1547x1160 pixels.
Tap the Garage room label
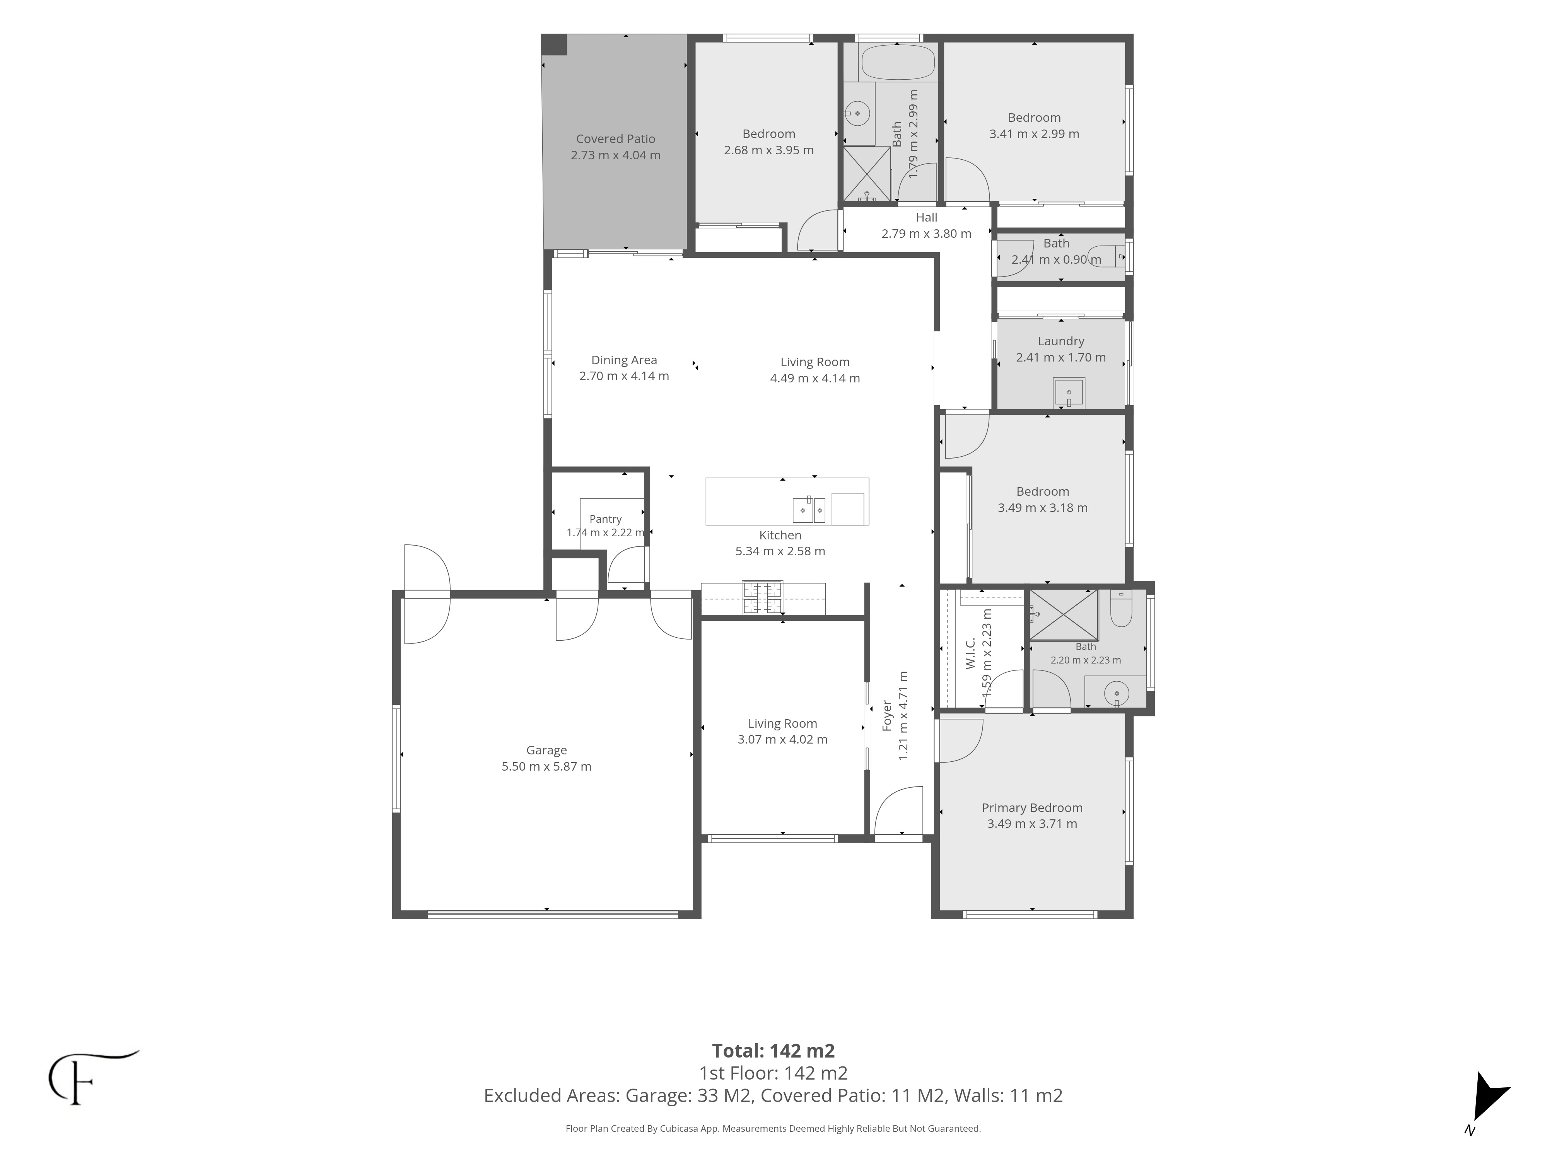[x=546, y=750]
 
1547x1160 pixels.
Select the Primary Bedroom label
[x=1031, y=808]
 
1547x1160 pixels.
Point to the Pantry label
[x=605, y=519]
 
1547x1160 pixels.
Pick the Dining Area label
[x=624, y=360]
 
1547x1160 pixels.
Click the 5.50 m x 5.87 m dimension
[x=546, y=766]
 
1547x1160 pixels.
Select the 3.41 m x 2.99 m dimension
[x=1034, y=133]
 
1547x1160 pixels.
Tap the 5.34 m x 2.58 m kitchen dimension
[x=780, y=551]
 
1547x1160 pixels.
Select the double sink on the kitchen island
[x=808, y=510]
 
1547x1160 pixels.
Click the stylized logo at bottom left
[x=91, y=1078]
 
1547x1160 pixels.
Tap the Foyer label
[x=887, y=716]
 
